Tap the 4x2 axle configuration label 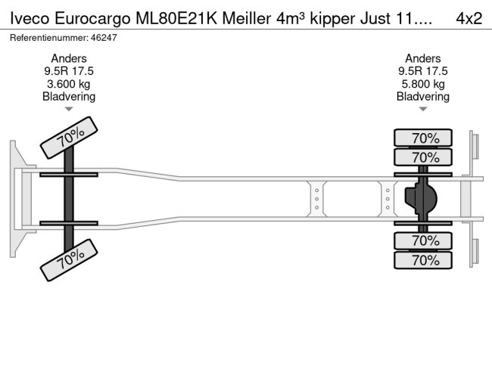[469, 17]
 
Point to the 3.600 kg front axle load [69, 83]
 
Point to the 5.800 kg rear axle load [423, 83]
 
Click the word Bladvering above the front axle [69, 96]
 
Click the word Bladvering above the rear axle [423, 96]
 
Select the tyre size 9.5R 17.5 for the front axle [69, 71]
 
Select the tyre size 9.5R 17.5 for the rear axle [423, 71]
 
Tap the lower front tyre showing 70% [69, 262]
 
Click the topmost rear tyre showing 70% [424, 138]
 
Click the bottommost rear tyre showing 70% [424, 260]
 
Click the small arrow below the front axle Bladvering [69, 109]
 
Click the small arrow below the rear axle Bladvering [423, 109]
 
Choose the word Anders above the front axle [69, 59]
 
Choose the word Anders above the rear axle [423, 59]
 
